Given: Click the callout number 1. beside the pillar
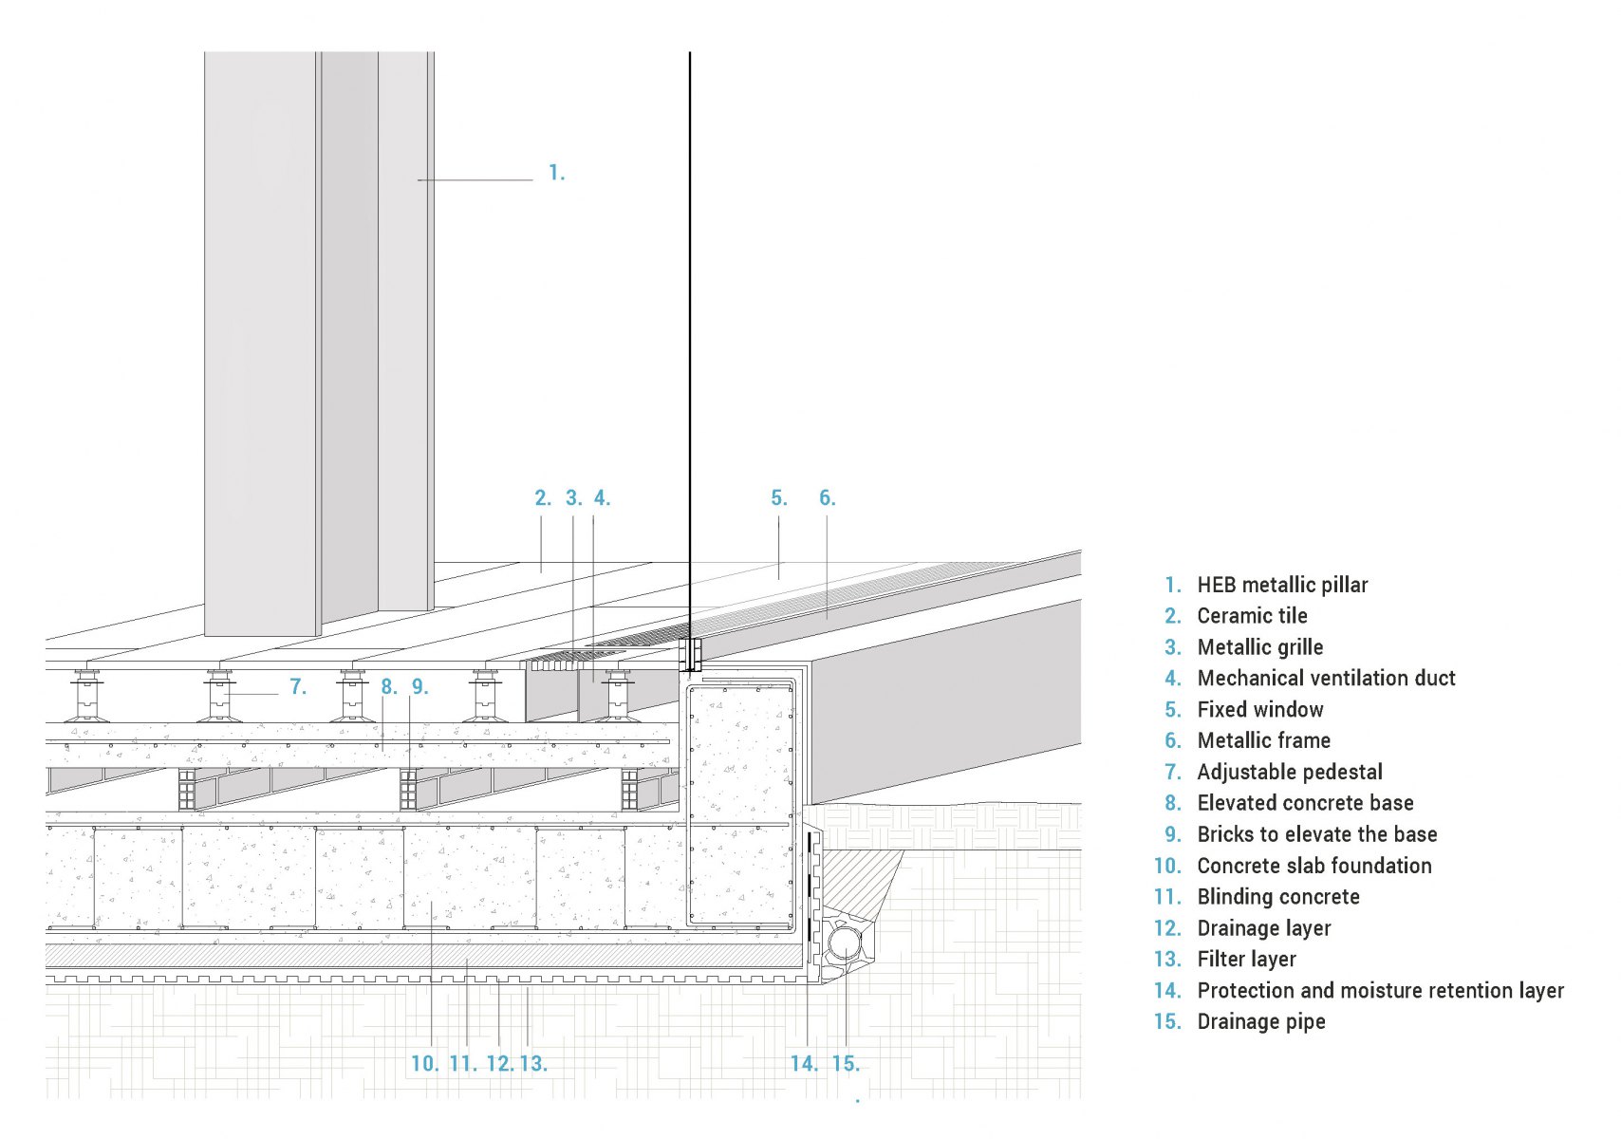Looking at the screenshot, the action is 556,173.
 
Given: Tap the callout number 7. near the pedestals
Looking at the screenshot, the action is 297,687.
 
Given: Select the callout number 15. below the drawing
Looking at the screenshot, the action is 846,1064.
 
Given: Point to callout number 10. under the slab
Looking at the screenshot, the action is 425,1064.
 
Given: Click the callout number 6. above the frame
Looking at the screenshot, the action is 828,498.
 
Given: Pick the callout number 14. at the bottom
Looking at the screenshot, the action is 804,1064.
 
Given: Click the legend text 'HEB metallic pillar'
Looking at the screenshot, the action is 1282,585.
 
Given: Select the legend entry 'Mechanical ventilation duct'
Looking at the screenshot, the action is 1327,678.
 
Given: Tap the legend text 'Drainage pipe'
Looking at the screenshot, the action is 1261,1021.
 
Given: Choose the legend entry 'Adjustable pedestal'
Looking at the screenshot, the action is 1290,772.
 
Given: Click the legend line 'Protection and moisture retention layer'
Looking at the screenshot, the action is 1381,991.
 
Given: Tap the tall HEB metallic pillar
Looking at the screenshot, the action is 319,344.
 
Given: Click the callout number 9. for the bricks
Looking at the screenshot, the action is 419,687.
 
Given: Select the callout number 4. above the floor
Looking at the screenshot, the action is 602,498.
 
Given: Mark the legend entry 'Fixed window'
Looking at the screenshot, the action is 1260,709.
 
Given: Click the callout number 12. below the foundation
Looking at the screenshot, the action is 500,1064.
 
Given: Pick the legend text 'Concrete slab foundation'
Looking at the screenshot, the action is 1314,866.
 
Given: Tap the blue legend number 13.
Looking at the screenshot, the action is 1167,960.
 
